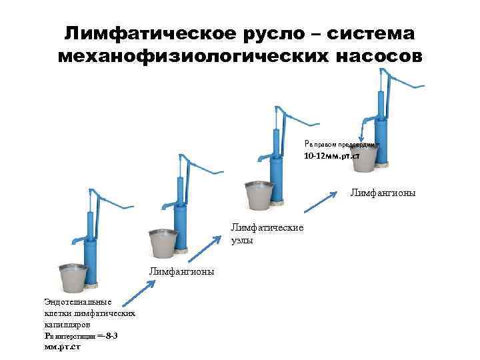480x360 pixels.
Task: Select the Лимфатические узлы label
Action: coord(267,233)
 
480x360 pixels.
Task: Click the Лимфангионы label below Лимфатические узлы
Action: coord(181,271)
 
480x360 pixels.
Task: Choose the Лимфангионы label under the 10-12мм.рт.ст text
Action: coord(382,193)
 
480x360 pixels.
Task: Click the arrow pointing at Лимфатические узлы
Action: coord(203,247)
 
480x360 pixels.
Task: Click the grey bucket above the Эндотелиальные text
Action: coord(73,279)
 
